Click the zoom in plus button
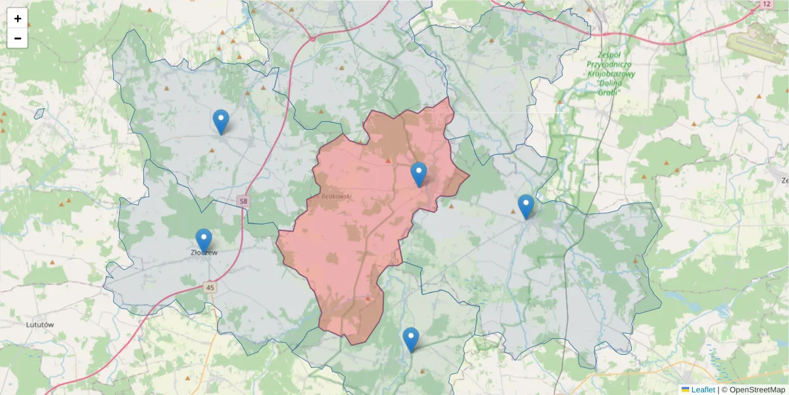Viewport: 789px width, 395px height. pos(18,18)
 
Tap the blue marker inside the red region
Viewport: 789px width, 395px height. pos(418,174)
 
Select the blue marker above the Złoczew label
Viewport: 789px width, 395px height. pos(204,240)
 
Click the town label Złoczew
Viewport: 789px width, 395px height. pos(204,251)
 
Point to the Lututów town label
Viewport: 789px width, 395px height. pos(39,325)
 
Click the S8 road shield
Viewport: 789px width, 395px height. pos(244,200)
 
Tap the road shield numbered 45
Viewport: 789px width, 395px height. pos(210,288)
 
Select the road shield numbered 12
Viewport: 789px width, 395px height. pos(766,4)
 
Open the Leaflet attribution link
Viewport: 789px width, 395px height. pos(703,390)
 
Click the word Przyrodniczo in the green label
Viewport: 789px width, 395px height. pos(611,65)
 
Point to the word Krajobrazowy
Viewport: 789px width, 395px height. pos(612,74)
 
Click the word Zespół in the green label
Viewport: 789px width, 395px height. pos(611,55)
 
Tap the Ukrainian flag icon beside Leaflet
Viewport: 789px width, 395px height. pos(685,390)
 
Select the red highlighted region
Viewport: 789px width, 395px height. pos(348,250)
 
